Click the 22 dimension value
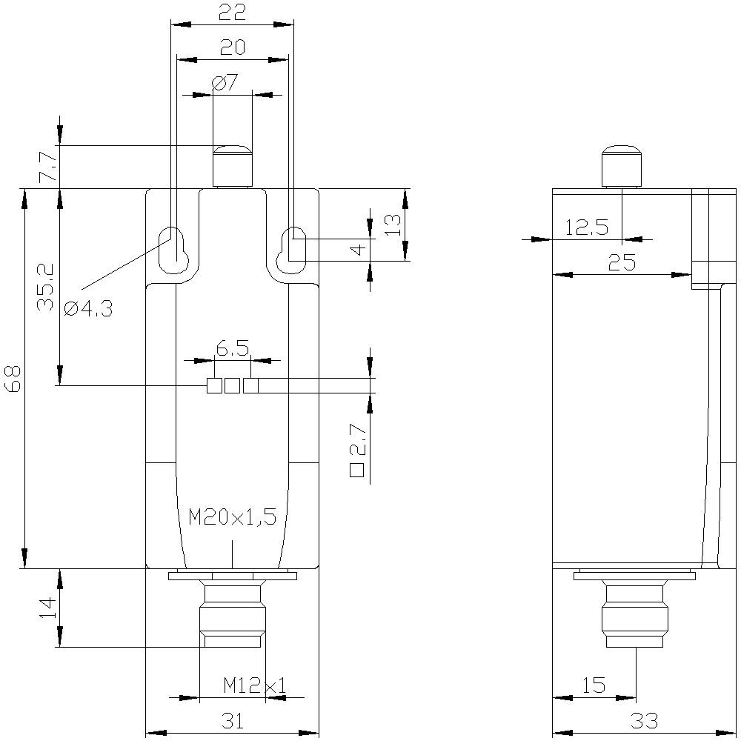[232, 12]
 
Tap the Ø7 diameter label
[225, 82]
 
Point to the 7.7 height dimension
[46, 168]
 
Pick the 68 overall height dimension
[13, 379]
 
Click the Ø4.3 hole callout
[88, 309]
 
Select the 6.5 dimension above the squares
[232, 348]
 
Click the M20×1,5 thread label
[232, 516]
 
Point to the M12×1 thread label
[254, 686]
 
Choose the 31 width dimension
[232, 720]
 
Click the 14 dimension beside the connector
[47, 608]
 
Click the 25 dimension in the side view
[622, 262]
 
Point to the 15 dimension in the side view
[594, 685]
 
